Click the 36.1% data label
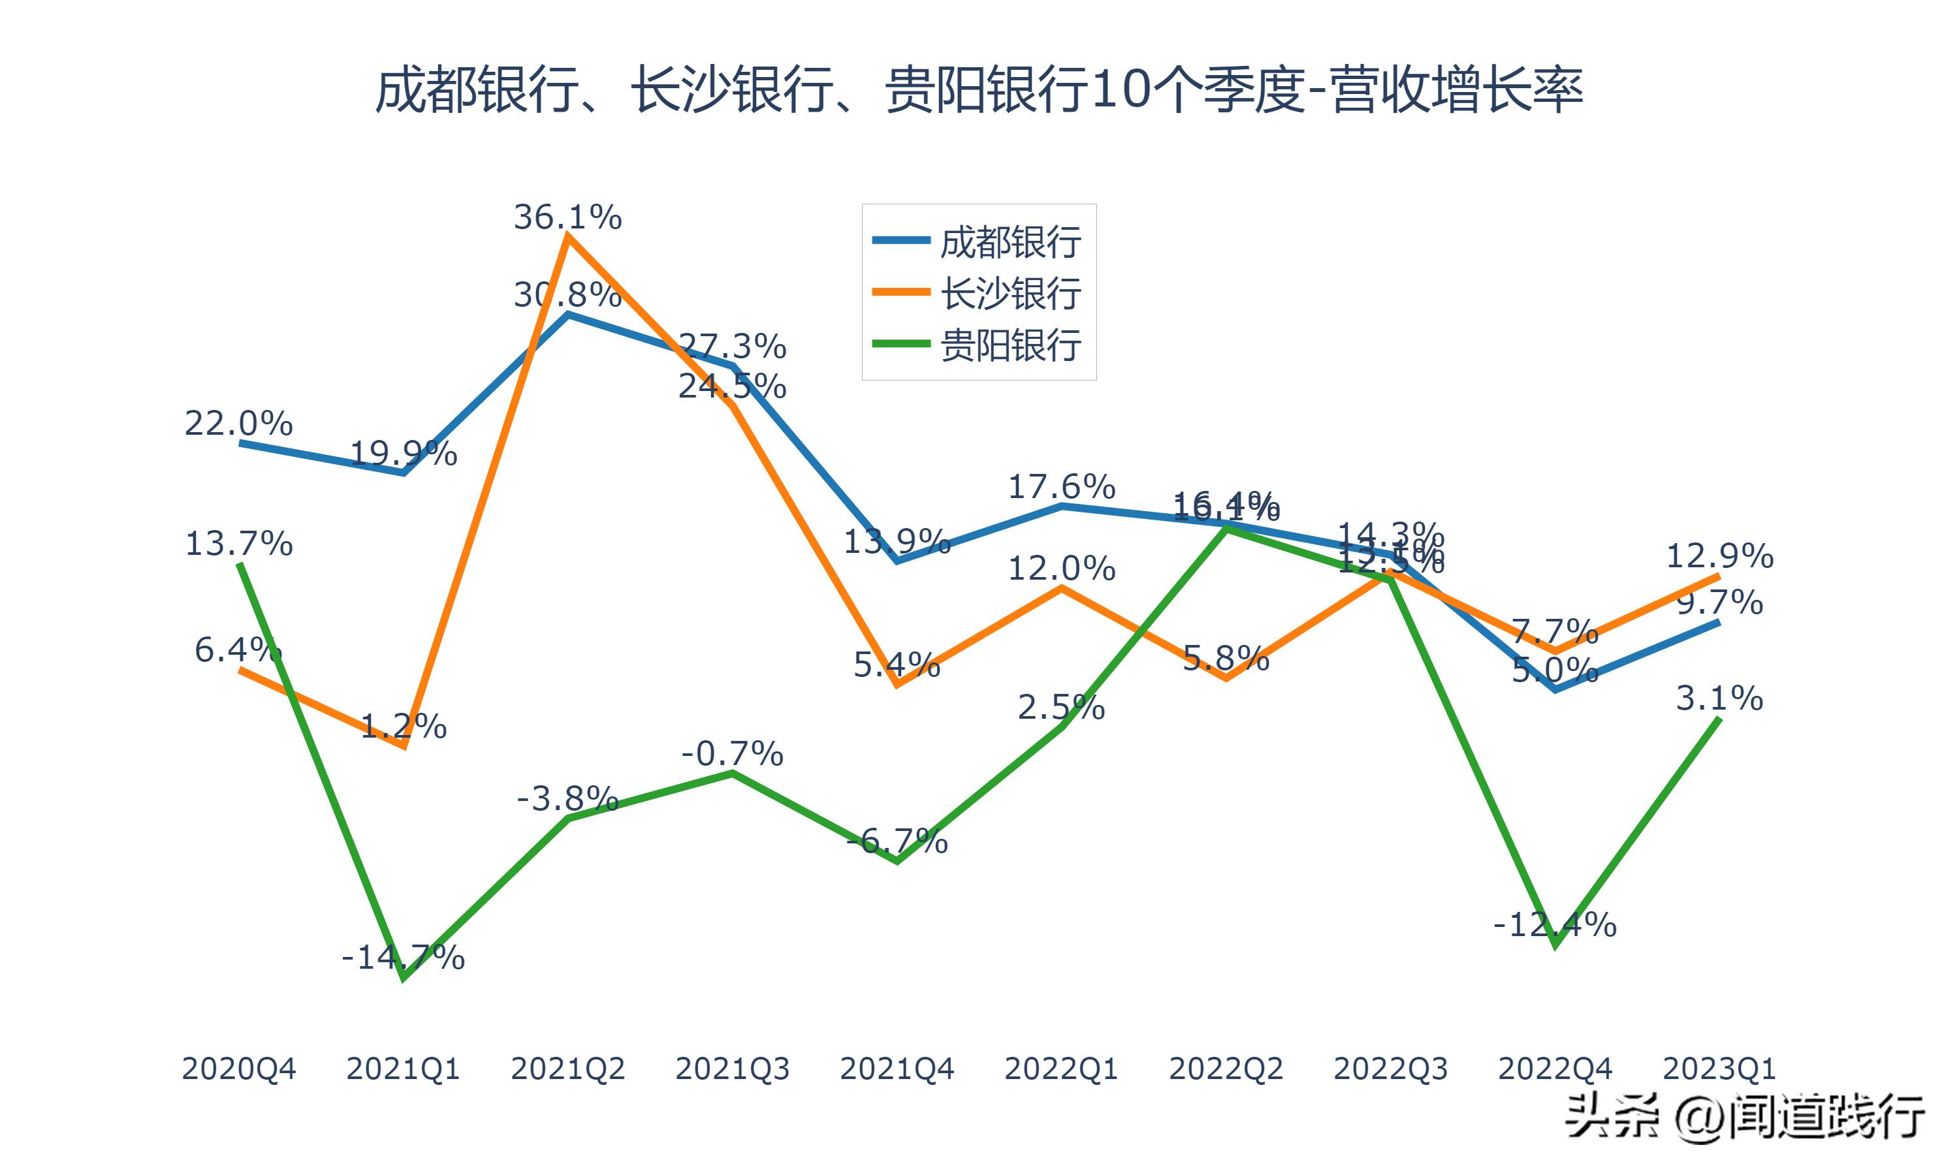[567, 217]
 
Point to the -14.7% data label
[403, 957]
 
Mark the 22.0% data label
[238, 424]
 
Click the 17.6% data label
[1061, 486]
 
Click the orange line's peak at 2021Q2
[567, 236]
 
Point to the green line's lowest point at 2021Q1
[404, 979]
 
